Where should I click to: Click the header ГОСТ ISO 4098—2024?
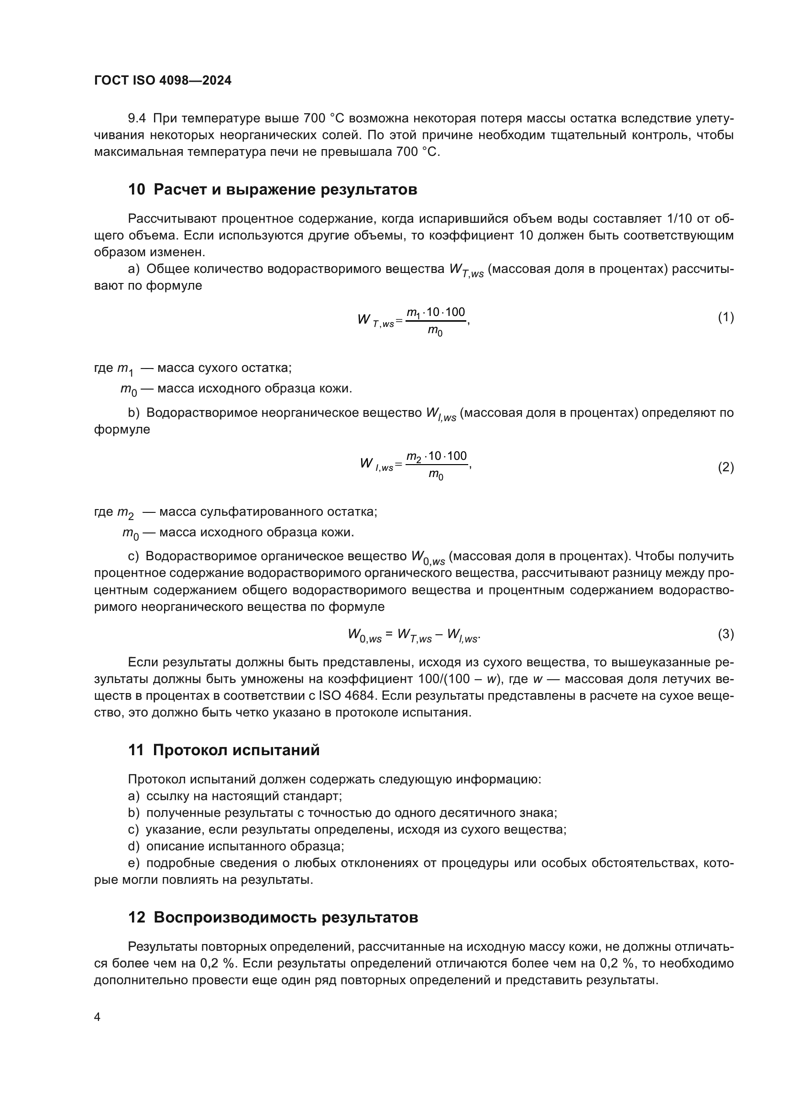coord(163,81)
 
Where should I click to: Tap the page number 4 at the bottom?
coord(97,1017)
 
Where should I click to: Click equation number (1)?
coord(725,317)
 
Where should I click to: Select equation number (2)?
coord(725,467)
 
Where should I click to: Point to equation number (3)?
coord(725,634)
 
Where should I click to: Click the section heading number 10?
coord(136,189)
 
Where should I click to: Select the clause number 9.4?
coord(137,119)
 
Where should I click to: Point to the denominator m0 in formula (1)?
coord(435,331)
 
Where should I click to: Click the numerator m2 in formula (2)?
coord(414,457)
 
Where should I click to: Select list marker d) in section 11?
coord(133,847)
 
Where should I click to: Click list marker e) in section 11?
coord(133,863)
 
